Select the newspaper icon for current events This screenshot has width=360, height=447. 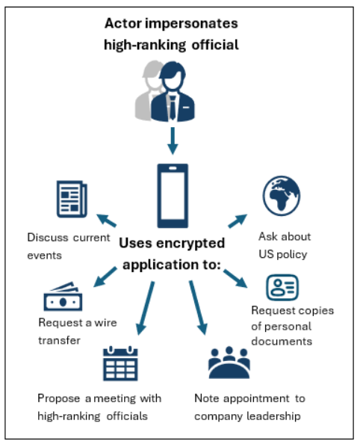tap(71, 200)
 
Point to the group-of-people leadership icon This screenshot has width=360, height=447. tap(229, 364)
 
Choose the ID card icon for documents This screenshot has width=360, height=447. tap(282, 288)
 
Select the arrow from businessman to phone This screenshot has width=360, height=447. tap(173, 138)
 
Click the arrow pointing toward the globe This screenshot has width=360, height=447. tap(238, 221)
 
